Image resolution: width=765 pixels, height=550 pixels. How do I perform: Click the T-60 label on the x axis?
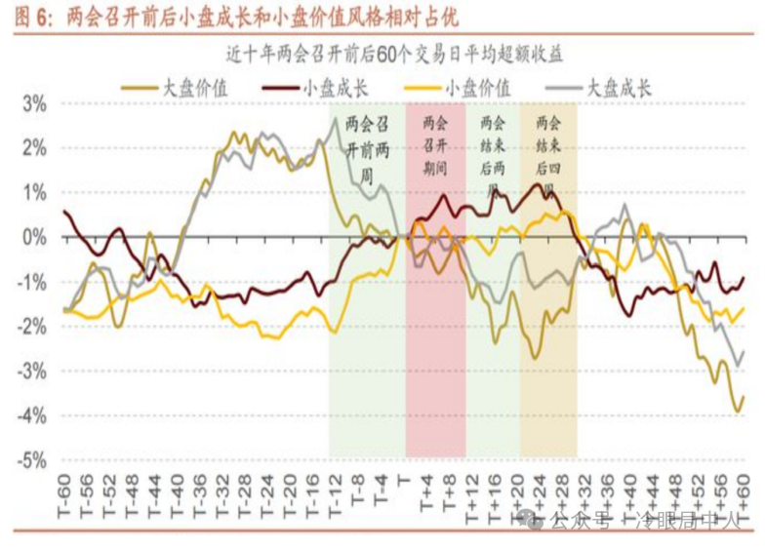[65, 492]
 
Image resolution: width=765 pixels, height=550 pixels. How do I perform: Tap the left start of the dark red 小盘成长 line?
[64, 211]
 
